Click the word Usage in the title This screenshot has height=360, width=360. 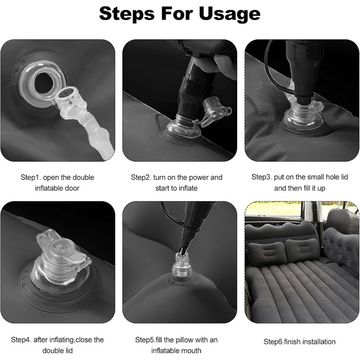(229, 14)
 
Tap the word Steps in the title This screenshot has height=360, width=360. (127, 13)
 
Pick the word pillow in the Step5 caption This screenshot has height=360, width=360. (186, 339)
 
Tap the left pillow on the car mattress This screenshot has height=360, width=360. (267, 253)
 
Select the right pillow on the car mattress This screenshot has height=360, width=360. (302, 250)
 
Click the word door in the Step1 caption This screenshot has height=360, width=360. (71, 188)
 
